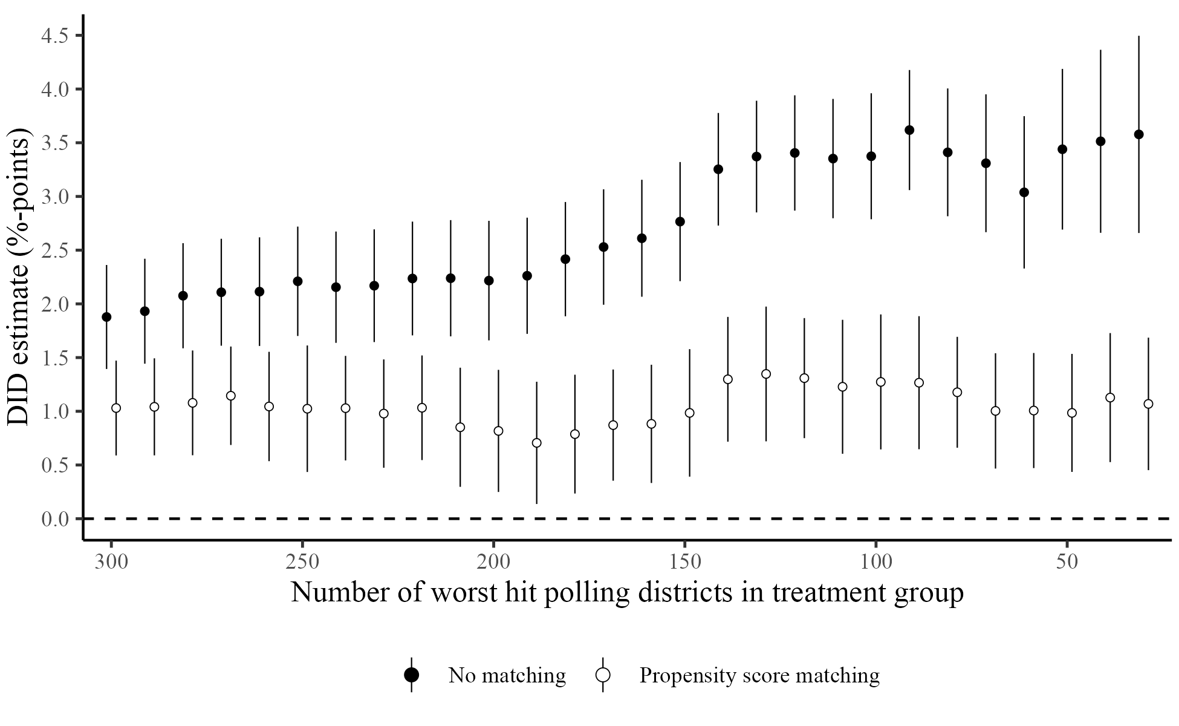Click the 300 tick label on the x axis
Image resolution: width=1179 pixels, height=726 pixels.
click(x=111, y=561)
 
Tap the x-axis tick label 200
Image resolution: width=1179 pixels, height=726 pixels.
click(x=493, y=561)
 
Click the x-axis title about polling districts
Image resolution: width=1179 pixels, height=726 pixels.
click(x=627, y=593)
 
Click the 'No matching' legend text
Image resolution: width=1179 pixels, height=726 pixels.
click(x=507, y=675)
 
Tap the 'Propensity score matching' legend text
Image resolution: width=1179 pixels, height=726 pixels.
click(x=759, y=675)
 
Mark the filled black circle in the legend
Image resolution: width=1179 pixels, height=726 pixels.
click(x=412, y=675)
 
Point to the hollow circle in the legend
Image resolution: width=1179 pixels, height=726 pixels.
click(x=603, y=675)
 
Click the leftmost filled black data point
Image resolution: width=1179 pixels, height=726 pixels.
click(x=106, y=317)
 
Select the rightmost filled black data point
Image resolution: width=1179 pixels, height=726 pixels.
click(x=1138, y=134)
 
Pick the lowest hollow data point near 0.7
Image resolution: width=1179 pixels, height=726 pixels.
click(x=536, y=443)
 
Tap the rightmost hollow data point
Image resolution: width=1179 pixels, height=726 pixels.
click(x=1148, y=404)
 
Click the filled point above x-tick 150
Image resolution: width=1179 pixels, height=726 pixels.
click(x=680, y=221)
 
